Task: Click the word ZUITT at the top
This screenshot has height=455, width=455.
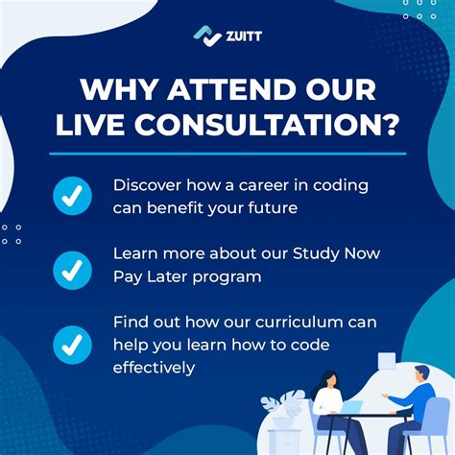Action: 243,36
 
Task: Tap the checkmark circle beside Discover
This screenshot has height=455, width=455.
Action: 72,196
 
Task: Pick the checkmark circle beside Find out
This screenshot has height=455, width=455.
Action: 72,344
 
